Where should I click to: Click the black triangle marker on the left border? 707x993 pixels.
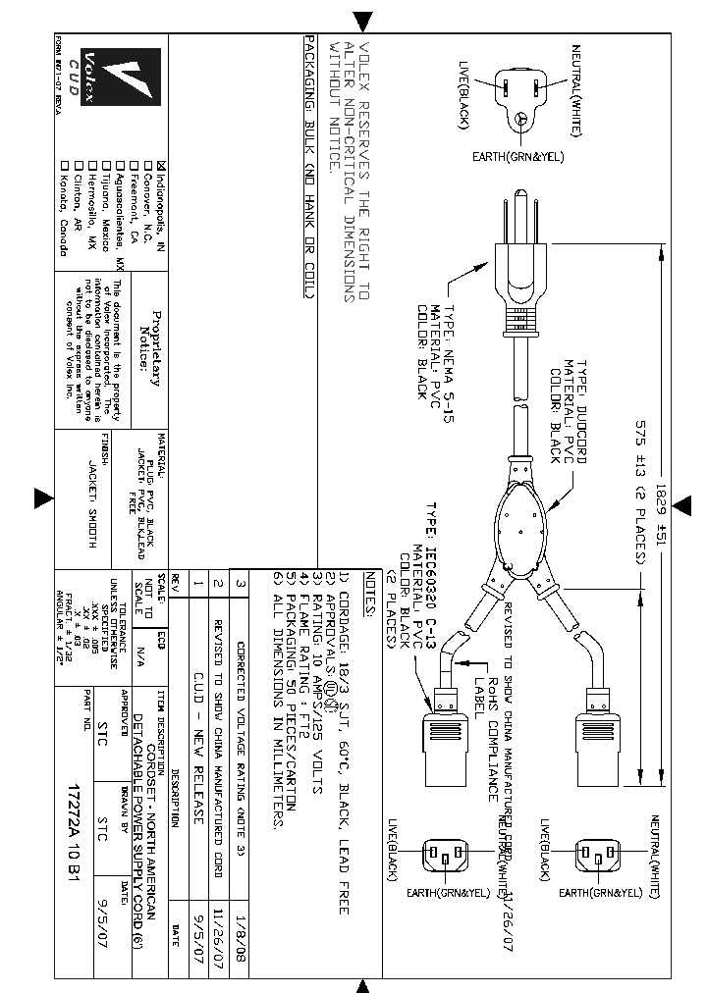[43, 498]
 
